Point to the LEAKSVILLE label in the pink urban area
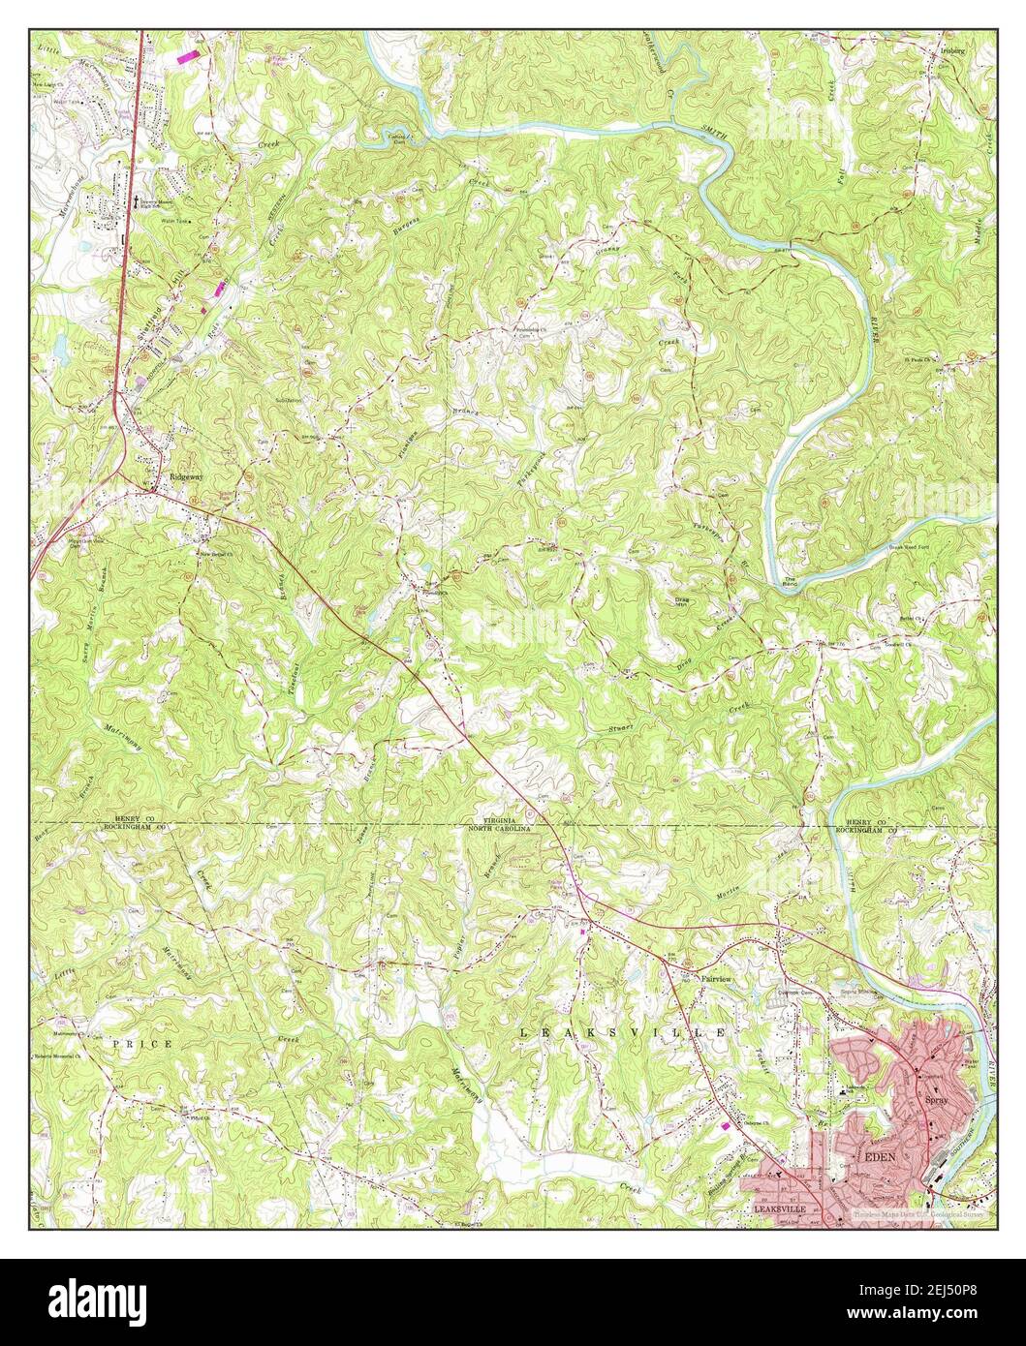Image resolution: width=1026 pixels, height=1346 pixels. [x=780, y=1209]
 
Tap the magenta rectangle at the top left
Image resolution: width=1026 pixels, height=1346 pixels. [x=191, y=57]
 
